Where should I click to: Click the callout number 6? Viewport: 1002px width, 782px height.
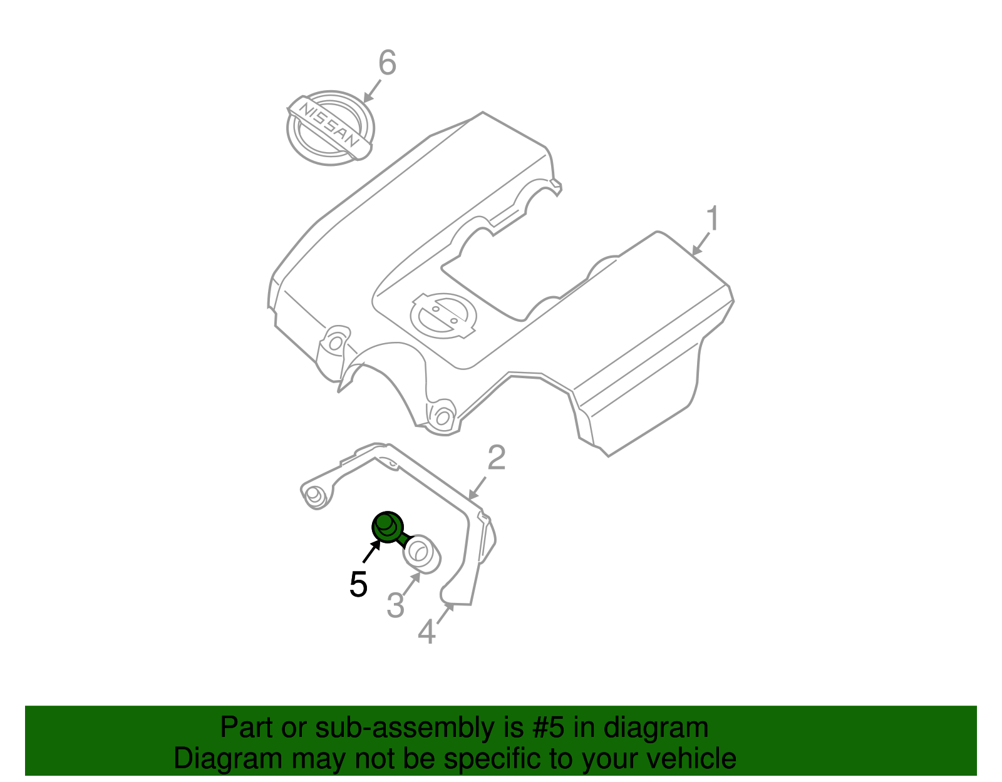(x=388, y=63)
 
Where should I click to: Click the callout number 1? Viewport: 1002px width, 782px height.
(x=713, y=219)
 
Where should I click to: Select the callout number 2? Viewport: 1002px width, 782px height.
(x=496, y=458)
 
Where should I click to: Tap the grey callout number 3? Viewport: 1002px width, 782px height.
(x=395, y=605)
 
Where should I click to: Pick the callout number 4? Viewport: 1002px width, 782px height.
(x=427, y=632)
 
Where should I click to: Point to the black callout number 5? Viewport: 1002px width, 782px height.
(x=358, y=585)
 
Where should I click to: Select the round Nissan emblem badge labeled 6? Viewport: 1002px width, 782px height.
(x=329, y=128)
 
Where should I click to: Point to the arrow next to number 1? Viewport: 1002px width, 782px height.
(x=701, y=244)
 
